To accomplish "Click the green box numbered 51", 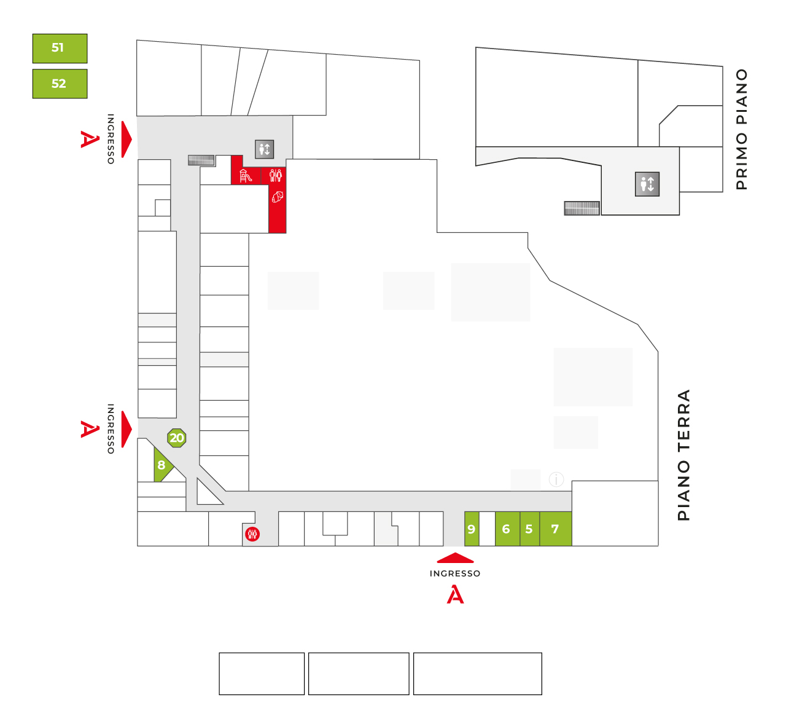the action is click(x=60, y=48).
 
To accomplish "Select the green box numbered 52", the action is click(x=60, y=84).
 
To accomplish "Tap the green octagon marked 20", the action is click(x=177, y=438).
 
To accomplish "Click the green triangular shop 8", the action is click(x=161, y=465).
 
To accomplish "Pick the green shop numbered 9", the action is click(x=472, y=529).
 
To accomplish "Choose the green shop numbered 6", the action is click(x=507, y=529).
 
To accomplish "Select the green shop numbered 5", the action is click(x=530, y=529).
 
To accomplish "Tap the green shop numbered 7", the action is click(x=556, y=529).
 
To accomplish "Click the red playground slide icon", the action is click(x=245, y=176).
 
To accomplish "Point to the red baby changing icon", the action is click(x=278, y=197).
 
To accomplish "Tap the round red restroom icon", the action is click(x=252, y=534).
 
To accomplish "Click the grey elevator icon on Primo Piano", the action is click(x=647, y=184).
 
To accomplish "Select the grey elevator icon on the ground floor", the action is click(x=265, y=149).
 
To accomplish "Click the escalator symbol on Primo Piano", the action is click(x=582, y=208).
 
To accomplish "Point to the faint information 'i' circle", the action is click(x=556, y=479).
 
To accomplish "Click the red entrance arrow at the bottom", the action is click(x=455, y=557).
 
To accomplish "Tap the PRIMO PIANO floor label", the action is click(x=742, y=130).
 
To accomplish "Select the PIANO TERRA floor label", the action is click(x=683, y=455).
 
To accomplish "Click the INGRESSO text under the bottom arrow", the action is click(x=455, y=573).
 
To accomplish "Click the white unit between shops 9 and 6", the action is click(x=488, y=529).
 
